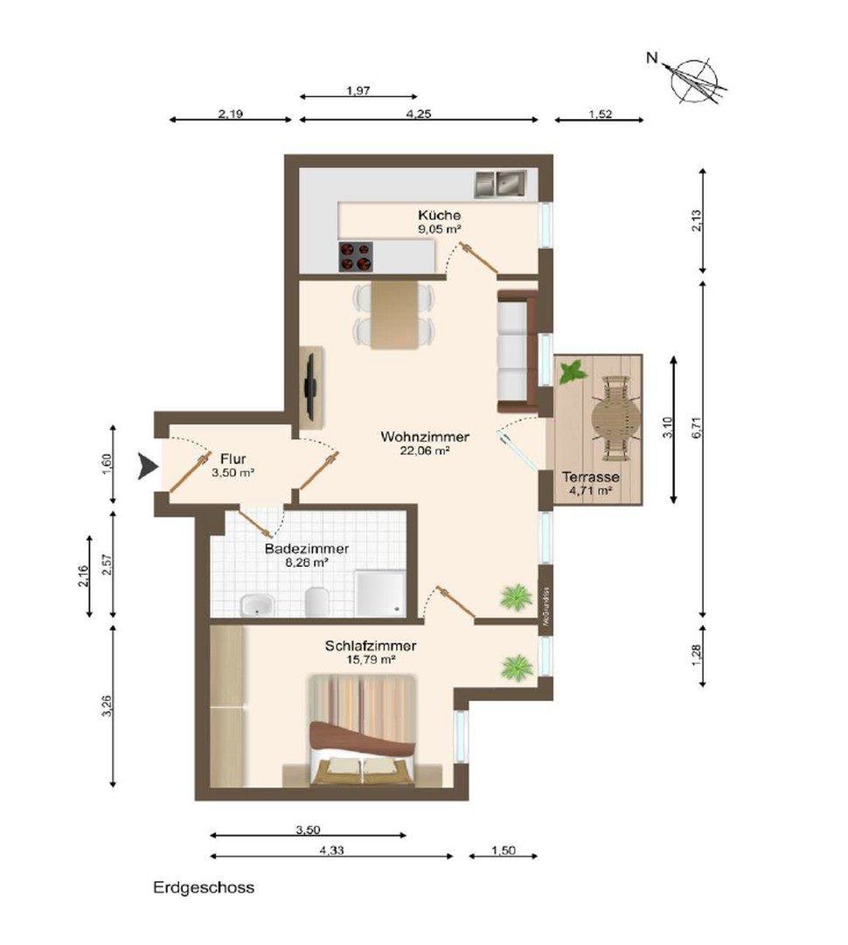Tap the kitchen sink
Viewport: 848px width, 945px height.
pyautogui.click(x=498, y=184)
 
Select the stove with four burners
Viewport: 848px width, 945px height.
pyautogui.click(x=354, y=255)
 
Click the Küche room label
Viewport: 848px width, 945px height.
pyautogui.click(x=439, y=215)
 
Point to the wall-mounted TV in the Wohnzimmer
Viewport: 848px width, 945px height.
pyautogui.click(x=311, y=387)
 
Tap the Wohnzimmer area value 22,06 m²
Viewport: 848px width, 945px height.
pyautogui.click(x=425, y=451)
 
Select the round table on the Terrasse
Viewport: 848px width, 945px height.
pyautogui.click(x=615, y=418)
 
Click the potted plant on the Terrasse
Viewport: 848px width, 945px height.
pyautogui.click(x=573, y=371)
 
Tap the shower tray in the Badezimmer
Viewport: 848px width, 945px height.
pyautogui.click(x=381, y=592)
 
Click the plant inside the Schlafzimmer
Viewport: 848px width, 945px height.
pyautogui.click(x=517, y=667)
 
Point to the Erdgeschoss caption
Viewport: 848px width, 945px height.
pyautogui.click(x=204, y=887)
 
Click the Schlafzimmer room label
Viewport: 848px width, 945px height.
pyautogui.click(x=370, y=647)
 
